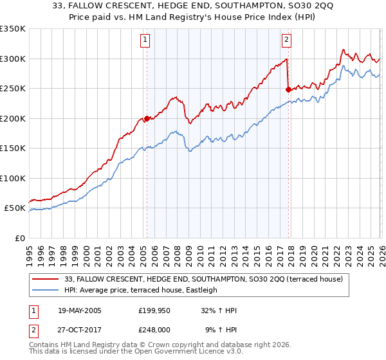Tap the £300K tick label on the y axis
(x=13, y=59)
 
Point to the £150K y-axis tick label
(x=13, y=148)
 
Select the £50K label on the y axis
(x=15, y=208)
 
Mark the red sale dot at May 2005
(x=147, y=118)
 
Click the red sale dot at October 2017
(x=288, y=90)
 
